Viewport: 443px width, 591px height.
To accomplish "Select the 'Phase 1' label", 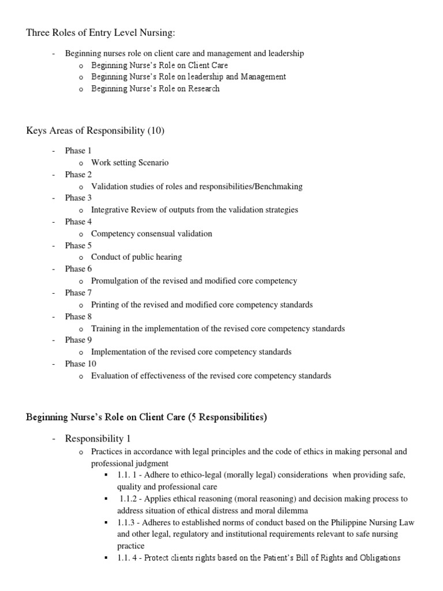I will [78, 151].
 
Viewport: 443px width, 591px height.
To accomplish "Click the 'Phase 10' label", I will [81, 364].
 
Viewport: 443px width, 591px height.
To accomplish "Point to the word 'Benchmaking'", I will [277, 186].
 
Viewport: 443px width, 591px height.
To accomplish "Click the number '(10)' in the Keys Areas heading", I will [156, 130].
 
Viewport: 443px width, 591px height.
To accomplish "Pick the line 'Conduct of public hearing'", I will [137, 257].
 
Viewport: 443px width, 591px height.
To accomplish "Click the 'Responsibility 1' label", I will [99, 439].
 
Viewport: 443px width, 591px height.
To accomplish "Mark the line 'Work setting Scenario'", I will [130, 163].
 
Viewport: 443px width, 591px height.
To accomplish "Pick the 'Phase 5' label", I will [78, 245].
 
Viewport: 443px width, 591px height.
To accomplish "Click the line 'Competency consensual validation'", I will [152, 234].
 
